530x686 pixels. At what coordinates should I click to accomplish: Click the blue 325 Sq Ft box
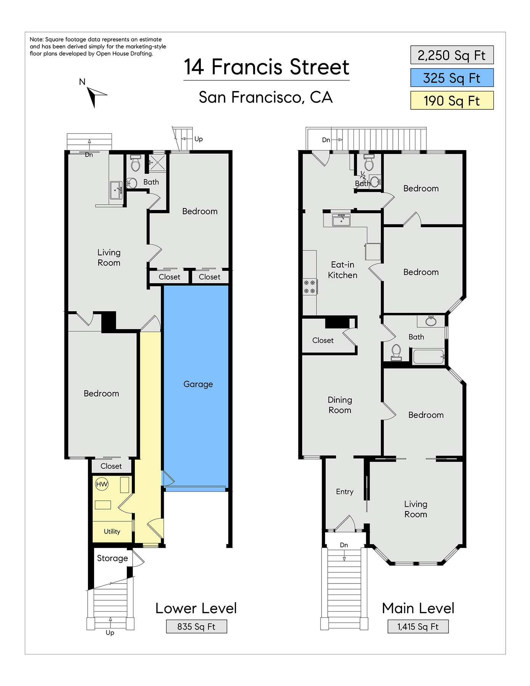[452, 78]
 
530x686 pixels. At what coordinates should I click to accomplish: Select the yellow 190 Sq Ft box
[452, 100]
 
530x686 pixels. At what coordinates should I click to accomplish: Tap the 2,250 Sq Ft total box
[452, 55]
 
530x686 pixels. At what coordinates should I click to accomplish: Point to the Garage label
[198, 384]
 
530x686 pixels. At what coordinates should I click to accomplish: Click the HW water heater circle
[102, 484]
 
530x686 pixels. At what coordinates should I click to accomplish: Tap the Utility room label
[112, 531]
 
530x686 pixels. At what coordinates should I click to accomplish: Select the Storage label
[112, 558]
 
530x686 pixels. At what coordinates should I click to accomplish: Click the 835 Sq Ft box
[197, 627]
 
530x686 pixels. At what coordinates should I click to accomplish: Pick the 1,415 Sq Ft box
[418, 627]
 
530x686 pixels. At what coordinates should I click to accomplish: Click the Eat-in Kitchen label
[343, 270]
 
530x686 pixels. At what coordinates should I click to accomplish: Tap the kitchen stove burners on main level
[310, 287]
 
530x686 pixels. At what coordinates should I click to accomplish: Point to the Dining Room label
[340, 405]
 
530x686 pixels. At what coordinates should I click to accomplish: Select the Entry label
[345, 492]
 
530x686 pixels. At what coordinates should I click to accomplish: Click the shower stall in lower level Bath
[157, 163]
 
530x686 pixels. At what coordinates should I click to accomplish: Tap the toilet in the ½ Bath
[369, 163]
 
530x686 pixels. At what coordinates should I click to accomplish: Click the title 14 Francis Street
[267, 67]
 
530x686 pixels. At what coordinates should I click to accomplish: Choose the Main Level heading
[418, 608]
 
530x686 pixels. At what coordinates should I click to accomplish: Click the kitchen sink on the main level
[341, 220]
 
